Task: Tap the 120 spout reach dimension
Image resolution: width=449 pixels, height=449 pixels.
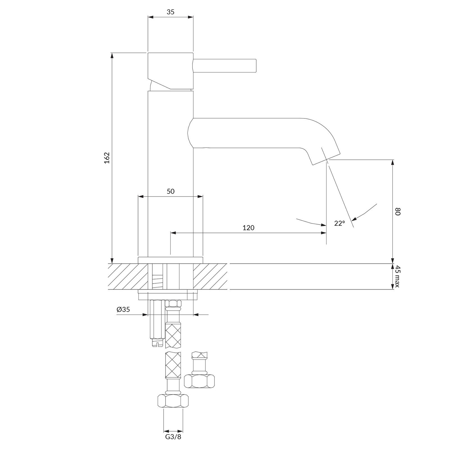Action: pyautogui.click(x=248, y=228)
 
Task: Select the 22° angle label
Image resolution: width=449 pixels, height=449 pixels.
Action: pyautogui.click(x=340, y=223)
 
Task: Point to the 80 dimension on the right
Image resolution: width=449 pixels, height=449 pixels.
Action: pyautogui.click(x=397, y=212)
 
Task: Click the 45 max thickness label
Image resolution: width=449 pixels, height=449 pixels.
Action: pyautogui.click(x=397, y=276)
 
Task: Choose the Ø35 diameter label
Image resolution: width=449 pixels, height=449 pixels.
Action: pyautogui.click(x=123, y=310)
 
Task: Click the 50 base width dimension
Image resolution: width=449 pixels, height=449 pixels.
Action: pyautogui.click(x=171, y=191)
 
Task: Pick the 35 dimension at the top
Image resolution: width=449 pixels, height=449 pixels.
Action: pyautogui.click(x=171, y=12)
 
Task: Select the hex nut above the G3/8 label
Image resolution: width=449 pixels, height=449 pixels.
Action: pyautogui.click(x=173, y=401)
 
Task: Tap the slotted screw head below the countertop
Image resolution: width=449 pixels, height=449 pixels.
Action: pyautogui.click(x=157, y=342)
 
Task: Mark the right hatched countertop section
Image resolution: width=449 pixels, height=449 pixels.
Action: pyautogui.click(x=210, y=276)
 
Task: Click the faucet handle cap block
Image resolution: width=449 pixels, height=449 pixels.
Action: pyautogui.click(x=171, y=71)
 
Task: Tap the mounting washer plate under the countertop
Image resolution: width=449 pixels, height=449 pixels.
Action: pyautogui.click(x=168, y=295)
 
